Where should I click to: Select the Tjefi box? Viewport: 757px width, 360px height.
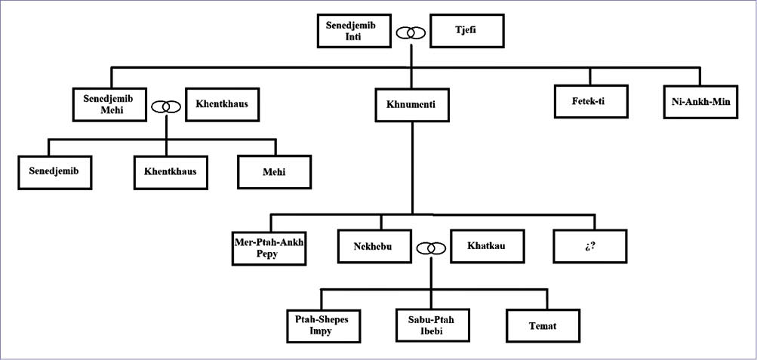[x=467, y=29]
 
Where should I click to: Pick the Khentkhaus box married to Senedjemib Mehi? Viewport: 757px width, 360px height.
[x=223, y=104]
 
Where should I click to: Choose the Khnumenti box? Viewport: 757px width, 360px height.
[x=412, y=104]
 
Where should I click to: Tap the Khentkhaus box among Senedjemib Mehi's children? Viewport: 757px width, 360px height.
[x=171, y=171]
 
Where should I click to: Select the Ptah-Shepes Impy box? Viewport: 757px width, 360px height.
[x=322, y=326]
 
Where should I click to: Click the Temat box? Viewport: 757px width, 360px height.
[x=543, y=326]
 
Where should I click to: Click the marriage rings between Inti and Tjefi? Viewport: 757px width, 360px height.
[x=412, y=32]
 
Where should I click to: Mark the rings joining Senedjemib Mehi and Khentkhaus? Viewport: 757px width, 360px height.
[x=167, y=107]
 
